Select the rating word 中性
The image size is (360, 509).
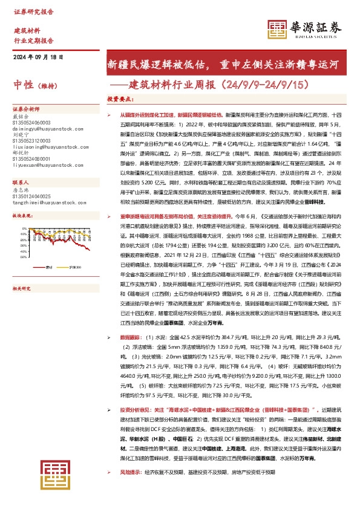[23, 84]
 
